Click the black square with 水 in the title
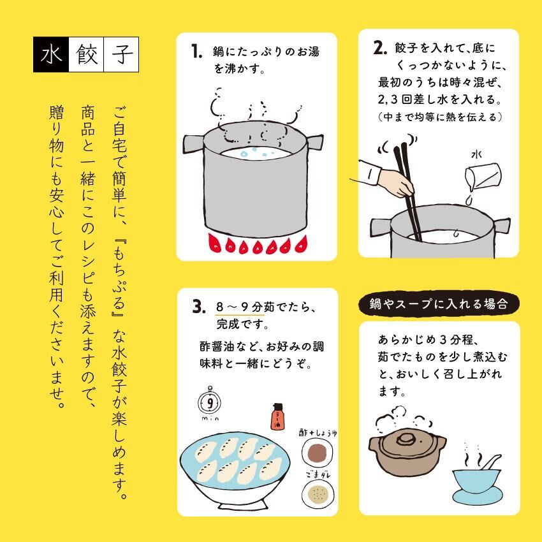click(x=51, y=55)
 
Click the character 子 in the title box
click(x=121, y=55)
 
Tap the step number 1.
click(x=196, y=52)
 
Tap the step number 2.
click(x=379, y=48)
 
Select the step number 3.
click(x=199, y=306)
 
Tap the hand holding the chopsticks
click(x=397, y=182)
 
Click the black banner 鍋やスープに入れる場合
click(x=439, y=304)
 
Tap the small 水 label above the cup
click(x=476, y=154)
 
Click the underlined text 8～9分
click(x=239, y=307)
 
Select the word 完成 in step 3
click(x=228, y=324)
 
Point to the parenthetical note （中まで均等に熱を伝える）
click(x=440, y=117)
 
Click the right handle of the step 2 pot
click(x=502, y=225)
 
